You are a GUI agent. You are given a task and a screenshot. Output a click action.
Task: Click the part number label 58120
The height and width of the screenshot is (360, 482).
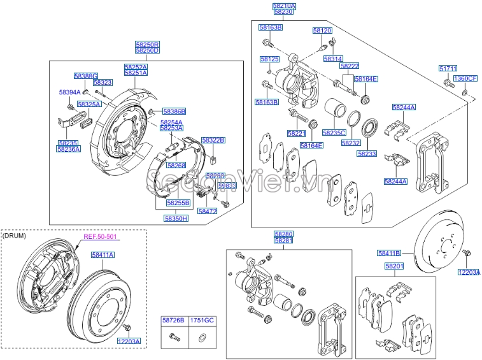point(322,31)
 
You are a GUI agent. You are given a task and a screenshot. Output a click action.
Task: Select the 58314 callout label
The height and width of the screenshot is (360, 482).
point(332,59)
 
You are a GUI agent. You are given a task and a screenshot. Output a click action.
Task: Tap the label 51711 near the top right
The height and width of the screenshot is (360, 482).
point(448,68)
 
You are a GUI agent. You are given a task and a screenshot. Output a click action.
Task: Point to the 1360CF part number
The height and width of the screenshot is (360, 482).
point(465,78)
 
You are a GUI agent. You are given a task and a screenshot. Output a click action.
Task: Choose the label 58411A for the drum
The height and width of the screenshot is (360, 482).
point(102,254)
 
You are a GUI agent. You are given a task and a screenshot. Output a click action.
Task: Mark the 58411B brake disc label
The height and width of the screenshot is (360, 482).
point(388,253)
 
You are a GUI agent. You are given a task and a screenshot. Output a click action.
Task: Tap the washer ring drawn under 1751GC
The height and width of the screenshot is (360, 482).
point(202,338)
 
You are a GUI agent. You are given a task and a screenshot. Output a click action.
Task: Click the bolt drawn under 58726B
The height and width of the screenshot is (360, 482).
point(173,338)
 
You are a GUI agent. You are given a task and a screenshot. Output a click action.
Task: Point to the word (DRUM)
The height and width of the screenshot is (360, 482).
point(14,236)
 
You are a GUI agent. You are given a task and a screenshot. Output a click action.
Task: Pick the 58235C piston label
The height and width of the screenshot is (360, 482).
point(334,133)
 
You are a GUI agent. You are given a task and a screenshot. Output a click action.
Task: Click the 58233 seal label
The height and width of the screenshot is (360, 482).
point(367,154)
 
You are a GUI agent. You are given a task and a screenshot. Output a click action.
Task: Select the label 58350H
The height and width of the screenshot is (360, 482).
point(176,218)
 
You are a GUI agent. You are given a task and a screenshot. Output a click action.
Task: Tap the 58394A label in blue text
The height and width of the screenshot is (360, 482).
point(69,92)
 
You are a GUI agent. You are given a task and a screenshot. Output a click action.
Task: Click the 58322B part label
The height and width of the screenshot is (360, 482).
point(213,140)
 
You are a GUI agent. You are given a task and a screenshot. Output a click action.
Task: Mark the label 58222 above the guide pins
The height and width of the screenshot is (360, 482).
point(349,66)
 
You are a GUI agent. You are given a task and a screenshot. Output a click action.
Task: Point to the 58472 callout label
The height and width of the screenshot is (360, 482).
point(207,211)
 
